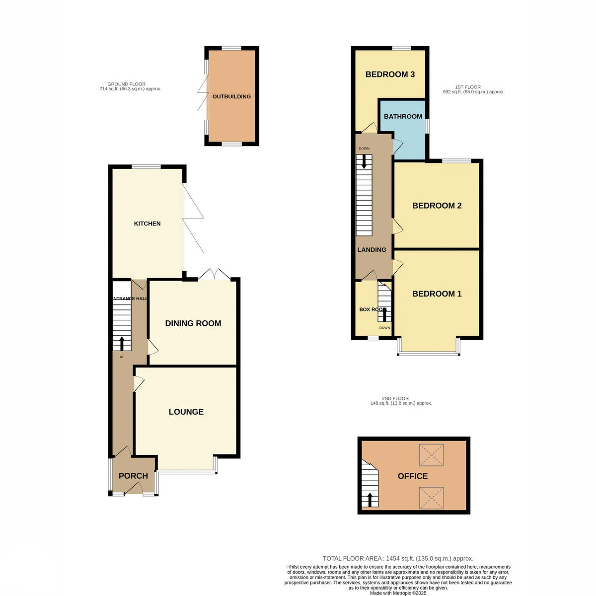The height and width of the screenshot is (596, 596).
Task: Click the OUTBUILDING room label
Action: tap(231, 96)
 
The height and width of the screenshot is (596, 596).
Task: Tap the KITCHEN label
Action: tap(147, 223)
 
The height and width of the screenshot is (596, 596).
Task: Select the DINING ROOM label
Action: tap(193, 323)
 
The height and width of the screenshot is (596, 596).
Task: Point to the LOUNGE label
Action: tap(186, 412)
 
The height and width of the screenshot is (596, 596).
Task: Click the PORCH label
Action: tap(133, 476)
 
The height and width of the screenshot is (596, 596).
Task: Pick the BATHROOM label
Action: tap(403, 117)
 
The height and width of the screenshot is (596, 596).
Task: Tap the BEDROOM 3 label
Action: tap(390, 74)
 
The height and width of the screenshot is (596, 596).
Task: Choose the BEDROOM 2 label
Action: tap(437, 206)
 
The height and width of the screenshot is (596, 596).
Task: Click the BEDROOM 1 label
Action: tap(437, 294)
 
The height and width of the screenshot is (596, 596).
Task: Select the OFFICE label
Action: tap(413, 476)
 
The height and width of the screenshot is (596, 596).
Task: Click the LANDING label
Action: tap(372, 250)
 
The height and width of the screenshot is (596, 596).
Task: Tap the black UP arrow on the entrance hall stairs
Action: tap(122, 343)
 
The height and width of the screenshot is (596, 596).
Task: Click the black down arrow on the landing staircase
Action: tap(364, 161)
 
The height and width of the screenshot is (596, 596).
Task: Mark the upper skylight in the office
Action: tap(432, 455)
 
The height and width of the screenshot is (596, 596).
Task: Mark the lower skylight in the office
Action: tap(432, 498)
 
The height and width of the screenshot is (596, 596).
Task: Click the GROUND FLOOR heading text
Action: tap(127, 84)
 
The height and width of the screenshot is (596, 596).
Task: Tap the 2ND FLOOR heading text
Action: tap(395, 399)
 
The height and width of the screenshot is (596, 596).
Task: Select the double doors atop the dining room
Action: tap(214, 274)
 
